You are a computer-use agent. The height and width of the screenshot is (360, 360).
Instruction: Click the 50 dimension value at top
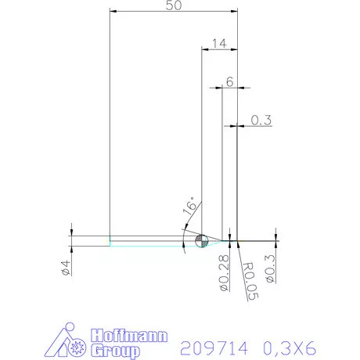tap(173, 5)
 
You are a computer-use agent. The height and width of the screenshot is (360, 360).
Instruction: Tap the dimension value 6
tap(229, 81)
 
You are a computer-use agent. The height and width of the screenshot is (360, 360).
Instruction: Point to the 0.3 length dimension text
tap(261, 120)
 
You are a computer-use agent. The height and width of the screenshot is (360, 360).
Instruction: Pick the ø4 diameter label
tap(66, 266)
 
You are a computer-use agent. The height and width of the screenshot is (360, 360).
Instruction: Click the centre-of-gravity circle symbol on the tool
tap(200, 240)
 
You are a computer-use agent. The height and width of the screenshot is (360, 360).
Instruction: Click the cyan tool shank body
tap(149, 240)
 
